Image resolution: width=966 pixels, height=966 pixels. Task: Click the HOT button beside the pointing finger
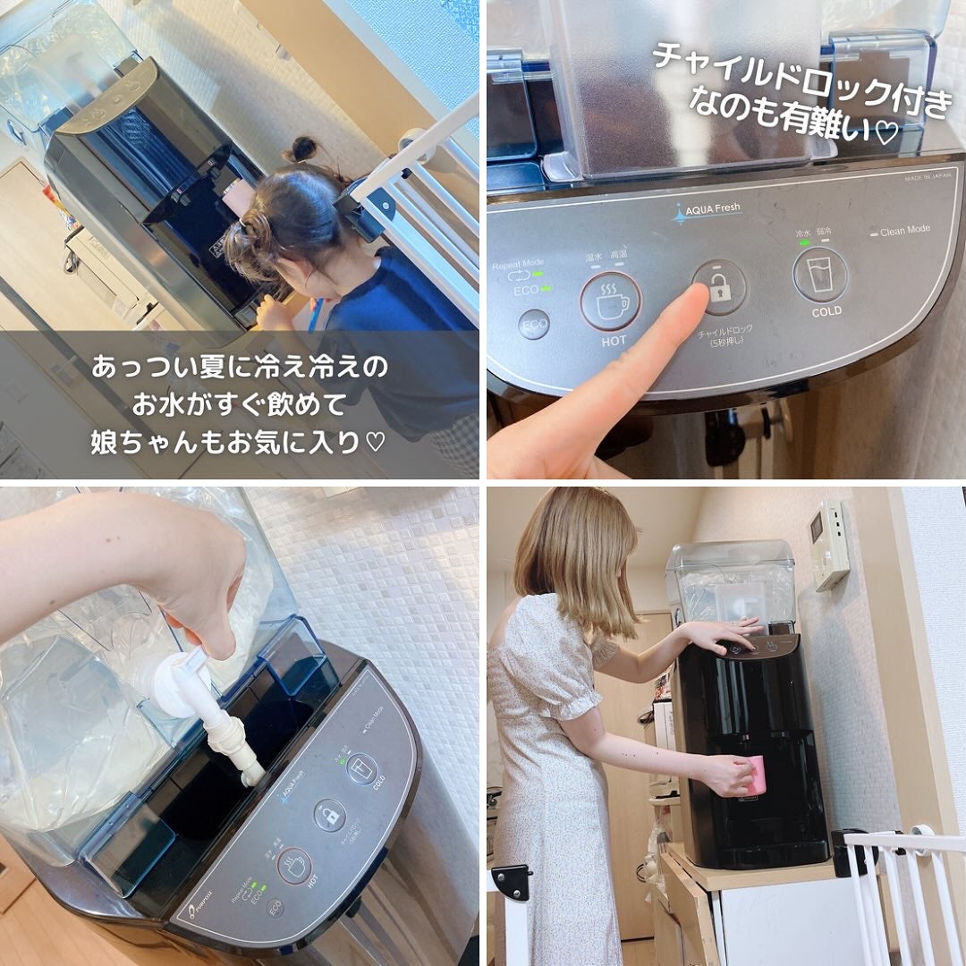pyautogui.click(x=610, y=301)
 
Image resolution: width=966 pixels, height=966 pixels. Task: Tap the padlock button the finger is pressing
pyautogui.click(x=718, y=287)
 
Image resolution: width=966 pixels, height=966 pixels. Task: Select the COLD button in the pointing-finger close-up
pyautogui.click(x=820, y=273)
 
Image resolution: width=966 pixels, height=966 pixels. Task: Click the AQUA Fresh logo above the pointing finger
pyautogui.click(x=707, y=211)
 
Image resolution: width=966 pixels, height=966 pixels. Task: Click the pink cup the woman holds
pyautogui.click(x=756, y=774)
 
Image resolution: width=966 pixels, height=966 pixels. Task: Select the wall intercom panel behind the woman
pyautogui.click(x=829, y=545)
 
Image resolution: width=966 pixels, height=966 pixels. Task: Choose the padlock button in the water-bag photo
pyautogui.click(x=329, y=814)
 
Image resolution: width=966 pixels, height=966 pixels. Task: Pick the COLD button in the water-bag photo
pyautogui.click(x=361, y=768)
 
